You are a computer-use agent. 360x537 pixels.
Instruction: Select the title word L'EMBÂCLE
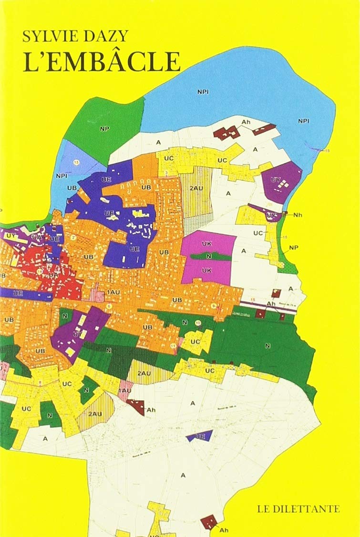(x=102, y=61)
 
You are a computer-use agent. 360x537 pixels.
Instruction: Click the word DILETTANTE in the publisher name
(x=310, y=509)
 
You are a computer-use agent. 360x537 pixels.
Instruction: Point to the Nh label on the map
(x=298, y=215)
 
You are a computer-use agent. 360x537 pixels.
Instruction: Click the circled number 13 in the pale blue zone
(x=76, y=162)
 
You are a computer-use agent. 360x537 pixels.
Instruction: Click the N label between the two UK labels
(x=208, y=256)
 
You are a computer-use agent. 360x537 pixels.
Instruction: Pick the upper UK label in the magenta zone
(x=206, y=243)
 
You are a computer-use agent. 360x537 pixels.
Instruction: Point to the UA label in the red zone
(x=53, y=275)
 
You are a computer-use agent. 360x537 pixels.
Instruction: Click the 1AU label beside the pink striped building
(x=114, y=292)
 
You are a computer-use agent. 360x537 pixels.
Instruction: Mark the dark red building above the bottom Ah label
(x=208, y=522)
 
